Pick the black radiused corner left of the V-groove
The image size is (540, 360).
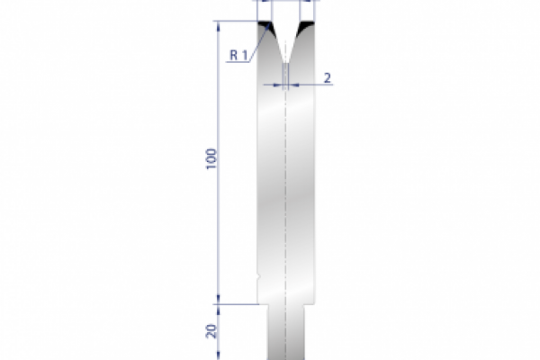(266, 29)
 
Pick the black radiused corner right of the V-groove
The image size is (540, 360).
(306, 28)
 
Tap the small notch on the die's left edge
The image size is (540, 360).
(257, 276)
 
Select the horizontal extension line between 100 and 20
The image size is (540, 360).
(238, 304)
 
